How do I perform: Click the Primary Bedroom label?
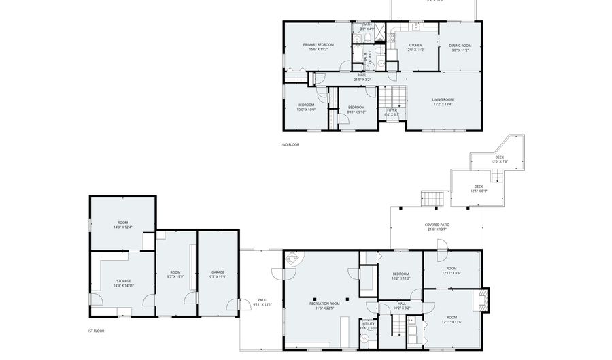[x=318, y=45]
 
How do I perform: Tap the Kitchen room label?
[x=415, y=45]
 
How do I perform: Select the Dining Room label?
[x=460, y=45]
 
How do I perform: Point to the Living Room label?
[x=443, y=100]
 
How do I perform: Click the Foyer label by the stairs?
[x=392, y=110]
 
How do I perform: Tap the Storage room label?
[x=123, y=281]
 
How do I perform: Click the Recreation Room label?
[x=324, y=304]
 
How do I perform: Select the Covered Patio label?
[x=437, y=225]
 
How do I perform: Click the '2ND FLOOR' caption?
[x=290, y=144]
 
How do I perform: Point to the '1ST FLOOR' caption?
[x=95, y=331]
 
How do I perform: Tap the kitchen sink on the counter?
[x=415, y=27]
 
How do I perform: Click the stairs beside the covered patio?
[x=432, y=199]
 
